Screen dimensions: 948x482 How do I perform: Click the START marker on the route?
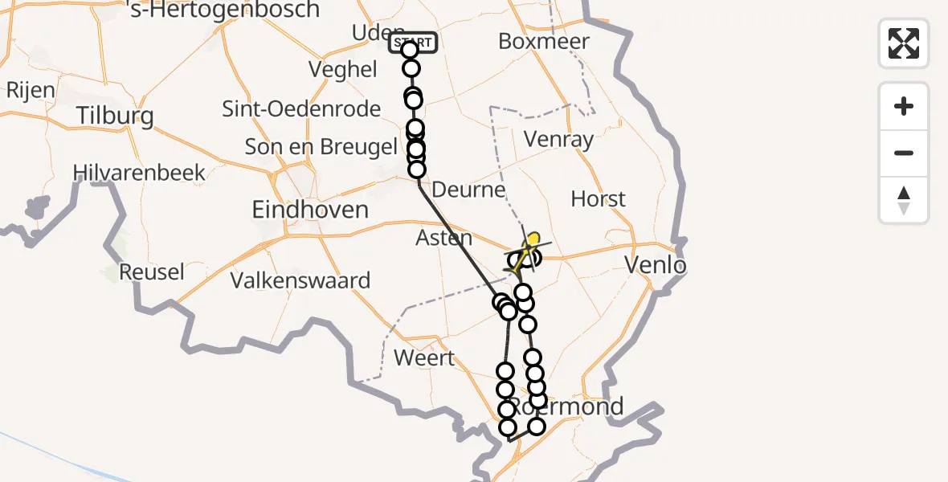[x=413, y=42]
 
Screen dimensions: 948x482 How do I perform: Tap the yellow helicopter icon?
[x=529, y=248]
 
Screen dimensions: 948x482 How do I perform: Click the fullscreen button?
[x=904, y=43]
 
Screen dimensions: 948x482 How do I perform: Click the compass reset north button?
[x=904, y=200]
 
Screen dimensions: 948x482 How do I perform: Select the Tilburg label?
[x=116, y=116]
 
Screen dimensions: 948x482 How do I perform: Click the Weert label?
[x=426, y=357]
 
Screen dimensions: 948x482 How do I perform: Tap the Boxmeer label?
[x=544, y=41]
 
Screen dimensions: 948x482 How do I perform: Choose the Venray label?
[x=558, y=139]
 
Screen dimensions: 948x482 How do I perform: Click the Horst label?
[x=598, y=198]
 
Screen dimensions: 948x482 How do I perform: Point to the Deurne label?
[x=469, y=190]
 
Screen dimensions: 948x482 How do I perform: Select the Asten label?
[x=444, y=238]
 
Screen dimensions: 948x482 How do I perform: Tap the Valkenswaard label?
[x=300, y=280]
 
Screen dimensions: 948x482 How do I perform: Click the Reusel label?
[x=152, y=272]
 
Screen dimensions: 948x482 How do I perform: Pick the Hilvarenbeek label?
[x=139, y=172]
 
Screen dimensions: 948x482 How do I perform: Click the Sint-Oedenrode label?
[x=301, y=109]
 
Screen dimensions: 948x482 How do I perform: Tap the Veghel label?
[x=343, y=70]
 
